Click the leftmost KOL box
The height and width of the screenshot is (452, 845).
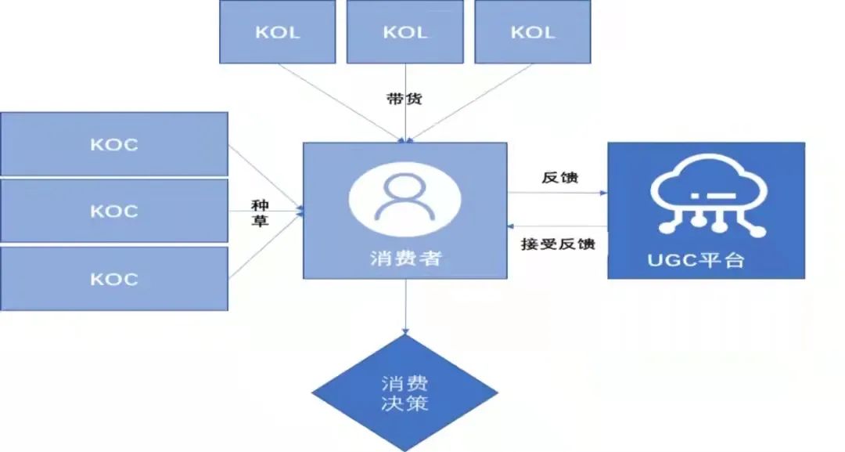pyautogui.click(x=278, y=32)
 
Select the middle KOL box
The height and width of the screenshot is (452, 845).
pyautogui.click(x=405, y=32)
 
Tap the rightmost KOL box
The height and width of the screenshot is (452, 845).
pyautogui.click(x=533, y=32)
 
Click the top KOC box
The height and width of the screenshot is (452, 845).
pyautogui.click(x=114, y=144)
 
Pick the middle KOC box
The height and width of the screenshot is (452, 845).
pyautogui.click(x=114, y=211)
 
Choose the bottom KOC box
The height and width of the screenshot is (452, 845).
pyautogui.click(x=114, y=278)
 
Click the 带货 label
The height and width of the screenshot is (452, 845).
pyautogui.click(x=405, y=99)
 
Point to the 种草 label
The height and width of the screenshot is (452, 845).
pyautogui.click(x=260, y=213)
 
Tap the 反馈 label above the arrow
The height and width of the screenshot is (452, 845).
pyautogui.click(x=560, y=177)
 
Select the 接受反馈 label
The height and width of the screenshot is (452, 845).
pyautogui.click(x=558, y=244)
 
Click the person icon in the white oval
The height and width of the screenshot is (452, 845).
pyautogui.click(x=405, y=198)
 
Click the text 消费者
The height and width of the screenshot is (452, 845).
pyautogui.click(x=405, y=259)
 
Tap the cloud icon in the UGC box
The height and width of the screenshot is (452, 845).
pyautogui.click(x=708, y=195)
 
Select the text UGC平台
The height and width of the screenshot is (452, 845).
pyautogui.click(x=696, y=261)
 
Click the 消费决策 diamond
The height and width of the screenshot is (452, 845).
pyautogui.click(x=405, y=392)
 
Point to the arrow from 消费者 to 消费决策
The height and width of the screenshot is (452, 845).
pyautogui.click(x=405, y=306)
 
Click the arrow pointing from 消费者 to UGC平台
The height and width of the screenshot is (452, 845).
pyautogui.click(x=557, y=193)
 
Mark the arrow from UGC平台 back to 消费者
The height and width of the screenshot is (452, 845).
pyautogui.click(x=557, y=226)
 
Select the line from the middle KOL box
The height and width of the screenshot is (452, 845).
pyautogui.click(x=406, y=103)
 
